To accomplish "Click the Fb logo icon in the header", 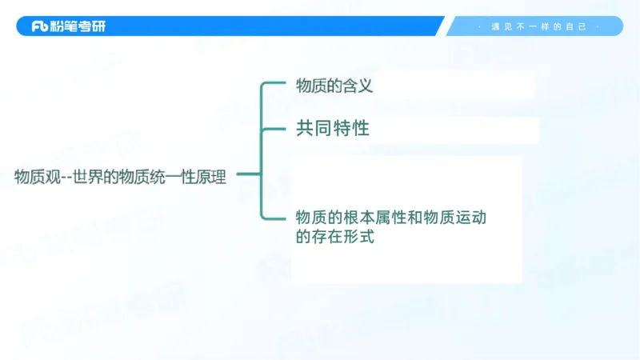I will coord(41,26).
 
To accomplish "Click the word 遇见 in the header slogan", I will coord(498,26).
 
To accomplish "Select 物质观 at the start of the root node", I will coord(34,178).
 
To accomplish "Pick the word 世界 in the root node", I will coord(87,178).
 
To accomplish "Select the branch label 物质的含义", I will coord(334,86).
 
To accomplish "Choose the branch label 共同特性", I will coord(332,128).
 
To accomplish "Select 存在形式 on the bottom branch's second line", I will coord(343,238).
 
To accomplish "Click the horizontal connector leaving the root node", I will coord(248,174).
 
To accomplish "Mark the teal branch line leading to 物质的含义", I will coord(276,82).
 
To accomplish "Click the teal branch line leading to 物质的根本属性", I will coord(276,217).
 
